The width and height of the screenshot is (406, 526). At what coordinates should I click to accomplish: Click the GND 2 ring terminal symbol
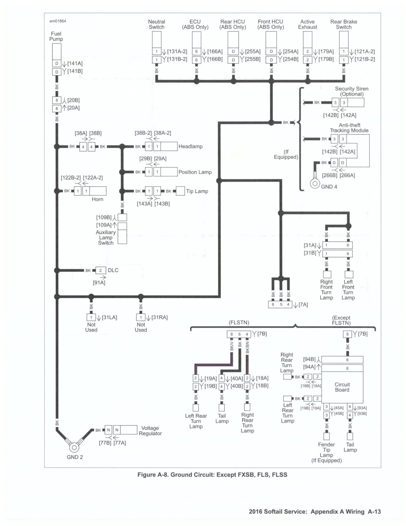point(74,447)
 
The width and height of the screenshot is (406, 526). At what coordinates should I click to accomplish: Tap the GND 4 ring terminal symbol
point(315,183)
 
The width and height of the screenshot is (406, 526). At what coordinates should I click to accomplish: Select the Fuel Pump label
point(56,36)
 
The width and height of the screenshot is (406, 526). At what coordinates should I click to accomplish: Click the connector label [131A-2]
point(177,52)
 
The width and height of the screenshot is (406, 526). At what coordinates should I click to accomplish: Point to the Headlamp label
point(190,146)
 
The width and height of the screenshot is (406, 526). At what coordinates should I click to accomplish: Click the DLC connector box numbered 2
point(100,271)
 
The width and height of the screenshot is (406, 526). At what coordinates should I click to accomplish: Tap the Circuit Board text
point(342,387)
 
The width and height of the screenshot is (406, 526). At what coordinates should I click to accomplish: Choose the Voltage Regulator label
point(150,431)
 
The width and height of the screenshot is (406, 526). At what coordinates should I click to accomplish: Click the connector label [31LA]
point(109,317)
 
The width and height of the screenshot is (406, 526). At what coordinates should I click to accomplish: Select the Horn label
point(97,199)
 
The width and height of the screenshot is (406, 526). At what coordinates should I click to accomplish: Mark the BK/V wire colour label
point(232,346)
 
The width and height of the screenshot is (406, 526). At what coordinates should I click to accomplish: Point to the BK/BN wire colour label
point(247,347)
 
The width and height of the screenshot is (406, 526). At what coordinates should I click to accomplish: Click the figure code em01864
point(58,21)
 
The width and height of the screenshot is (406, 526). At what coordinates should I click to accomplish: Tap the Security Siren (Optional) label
point(351,91)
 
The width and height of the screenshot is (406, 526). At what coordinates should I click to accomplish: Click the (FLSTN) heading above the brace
point(239,323)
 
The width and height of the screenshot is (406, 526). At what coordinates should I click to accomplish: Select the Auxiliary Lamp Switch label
point(106,238)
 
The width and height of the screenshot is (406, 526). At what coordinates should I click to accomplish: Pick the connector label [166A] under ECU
point(215,52)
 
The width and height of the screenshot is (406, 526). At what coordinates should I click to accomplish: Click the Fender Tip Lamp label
point(326,450)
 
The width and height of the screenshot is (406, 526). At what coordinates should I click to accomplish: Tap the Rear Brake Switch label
point(344,24)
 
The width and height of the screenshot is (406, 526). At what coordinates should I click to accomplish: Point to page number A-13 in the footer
point(374,512)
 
